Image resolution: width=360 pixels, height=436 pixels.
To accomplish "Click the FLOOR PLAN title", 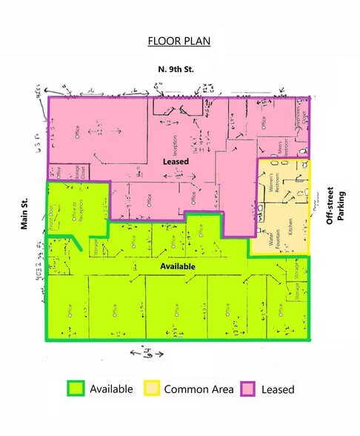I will [x=179, y=40].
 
